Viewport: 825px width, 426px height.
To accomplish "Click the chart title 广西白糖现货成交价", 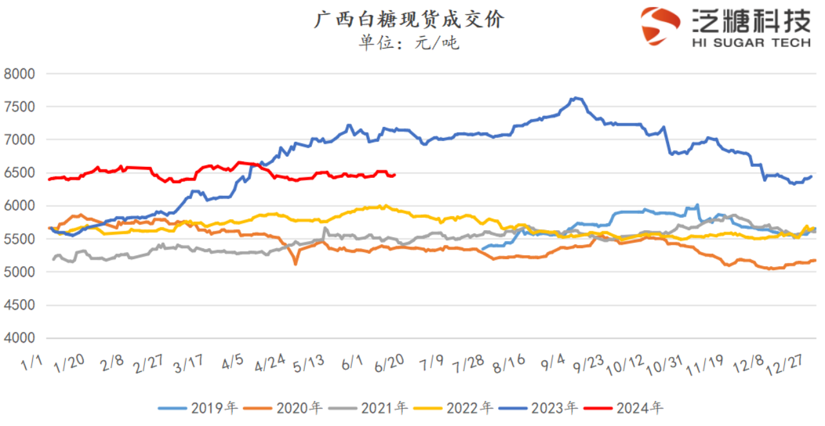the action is (x=409, y=19).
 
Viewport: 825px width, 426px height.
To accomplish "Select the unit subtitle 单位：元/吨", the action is (x=409, y=43).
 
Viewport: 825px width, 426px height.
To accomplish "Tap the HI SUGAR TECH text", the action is (x=752, y=43).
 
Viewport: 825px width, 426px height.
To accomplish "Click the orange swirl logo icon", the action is (x=660, y=26).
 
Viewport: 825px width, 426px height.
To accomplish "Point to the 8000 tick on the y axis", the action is (x=19, y=74).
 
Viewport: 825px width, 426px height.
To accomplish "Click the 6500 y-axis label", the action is (x=19, y=173).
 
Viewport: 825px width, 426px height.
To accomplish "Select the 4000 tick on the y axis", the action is (x=19, y=338).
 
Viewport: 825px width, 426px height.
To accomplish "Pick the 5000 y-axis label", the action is (x=19, y=272).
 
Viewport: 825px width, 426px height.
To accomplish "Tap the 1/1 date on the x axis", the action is (x=32, y=363).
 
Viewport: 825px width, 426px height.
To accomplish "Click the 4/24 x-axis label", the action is (x=270, y=363).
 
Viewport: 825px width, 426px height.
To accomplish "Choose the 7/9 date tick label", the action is (x=431, y=363).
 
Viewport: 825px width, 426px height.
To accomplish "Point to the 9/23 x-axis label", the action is (x=588, y=363).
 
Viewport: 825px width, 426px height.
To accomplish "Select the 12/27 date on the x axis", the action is (x=784, y=365).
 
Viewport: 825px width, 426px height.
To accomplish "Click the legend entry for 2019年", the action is (x=198, y=408).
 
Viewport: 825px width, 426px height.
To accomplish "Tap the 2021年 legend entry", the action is (x=368, y=408).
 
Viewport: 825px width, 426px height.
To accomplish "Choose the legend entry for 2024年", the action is (x=623, y=408).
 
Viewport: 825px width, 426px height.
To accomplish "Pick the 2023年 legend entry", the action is (x=538, y=408).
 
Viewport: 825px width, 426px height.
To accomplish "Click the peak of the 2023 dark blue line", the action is (x=576, y=98).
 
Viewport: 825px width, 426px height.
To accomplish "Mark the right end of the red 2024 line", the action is (x=395, y=175).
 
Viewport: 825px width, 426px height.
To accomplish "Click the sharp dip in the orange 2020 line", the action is (x=295, y=264).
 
